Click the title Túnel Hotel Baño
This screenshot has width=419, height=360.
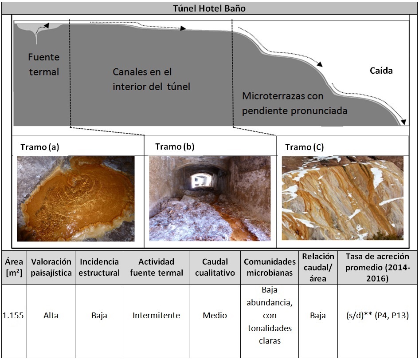click(x=209, y=8)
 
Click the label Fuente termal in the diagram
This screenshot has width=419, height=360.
click(x=44, y=64)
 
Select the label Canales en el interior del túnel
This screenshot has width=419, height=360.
click(x=151, y=79)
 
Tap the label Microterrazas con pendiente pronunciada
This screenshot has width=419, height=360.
click(x=295, y=103)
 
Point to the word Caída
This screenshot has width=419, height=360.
click(x=381, y=71)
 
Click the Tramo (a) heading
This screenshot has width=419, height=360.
click(x=40, y=147)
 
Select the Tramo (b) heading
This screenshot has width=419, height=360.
click(x=175, y=146)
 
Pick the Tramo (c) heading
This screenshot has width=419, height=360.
click(x=304, y=147)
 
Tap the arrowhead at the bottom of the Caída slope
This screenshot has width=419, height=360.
click(x=404, y=122)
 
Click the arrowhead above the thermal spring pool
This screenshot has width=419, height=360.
click(x=47, y=25)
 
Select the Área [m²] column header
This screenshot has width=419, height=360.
click(x=14, y=267)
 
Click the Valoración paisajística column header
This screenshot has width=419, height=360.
click(x=51, y=267)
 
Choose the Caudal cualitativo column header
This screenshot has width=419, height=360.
click(x=215, y=267)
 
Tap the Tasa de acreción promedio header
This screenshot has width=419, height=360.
click(x=377, y=268)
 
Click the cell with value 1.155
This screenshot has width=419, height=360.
click(x=13, y=316)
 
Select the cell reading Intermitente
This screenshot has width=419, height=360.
click(x=157, y=316)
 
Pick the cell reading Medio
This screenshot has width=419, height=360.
click(x=215, y=316)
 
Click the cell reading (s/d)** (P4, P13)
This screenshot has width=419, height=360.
click(x=377, y=316)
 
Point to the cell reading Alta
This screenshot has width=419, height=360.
click(x=51, y=316)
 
